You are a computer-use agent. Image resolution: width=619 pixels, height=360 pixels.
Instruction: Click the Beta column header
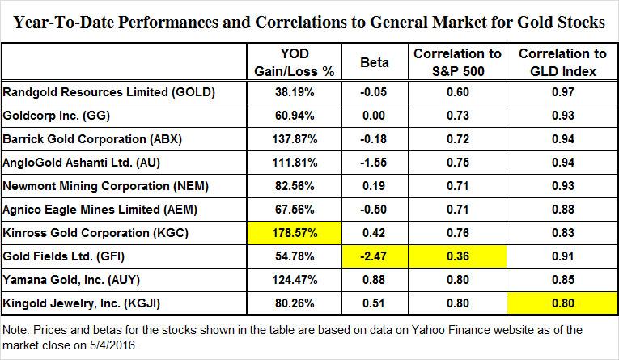point(375,60)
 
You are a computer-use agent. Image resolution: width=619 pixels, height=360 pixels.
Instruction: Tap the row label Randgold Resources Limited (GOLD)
point(109,92)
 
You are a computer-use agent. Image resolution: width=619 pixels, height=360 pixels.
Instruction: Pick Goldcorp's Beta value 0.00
point(375,114)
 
